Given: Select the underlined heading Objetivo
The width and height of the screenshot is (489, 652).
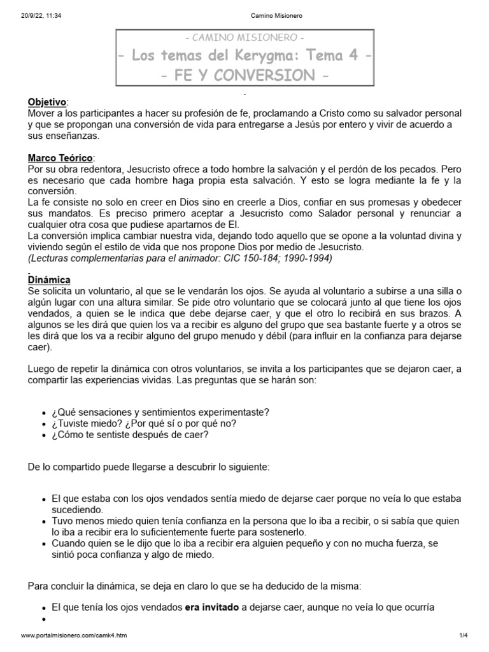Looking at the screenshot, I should (47, 102).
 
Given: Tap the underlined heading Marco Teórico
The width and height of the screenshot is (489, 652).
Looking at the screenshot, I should (60, 157).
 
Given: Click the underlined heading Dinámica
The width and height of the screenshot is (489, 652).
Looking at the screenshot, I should (49, 280).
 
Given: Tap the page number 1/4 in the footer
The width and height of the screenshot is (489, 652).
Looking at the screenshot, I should (463, 635).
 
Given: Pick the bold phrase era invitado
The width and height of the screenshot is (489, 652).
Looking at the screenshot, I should (211, 607).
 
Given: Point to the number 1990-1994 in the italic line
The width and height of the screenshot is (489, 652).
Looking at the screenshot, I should (308, 258).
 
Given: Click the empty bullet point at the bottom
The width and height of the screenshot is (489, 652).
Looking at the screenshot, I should (44, 620).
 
